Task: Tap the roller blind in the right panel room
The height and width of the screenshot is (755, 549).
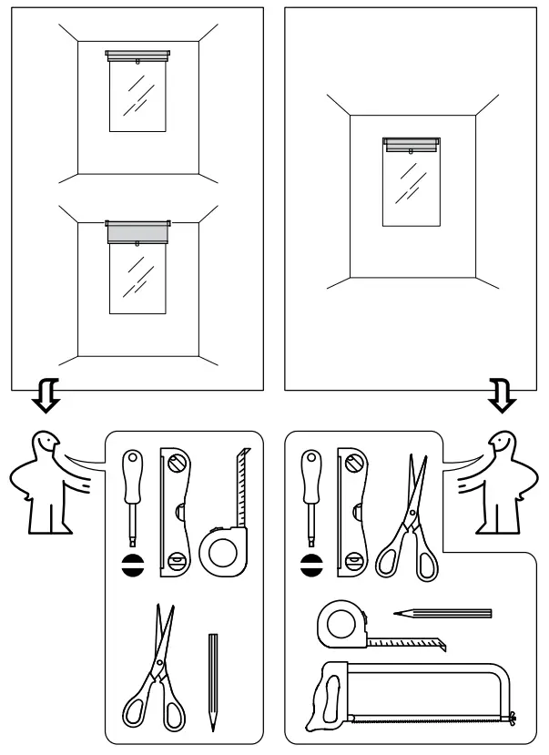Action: click(412, 143)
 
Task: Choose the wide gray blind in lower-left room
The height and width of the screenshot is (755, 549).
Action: click(137, 231)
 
